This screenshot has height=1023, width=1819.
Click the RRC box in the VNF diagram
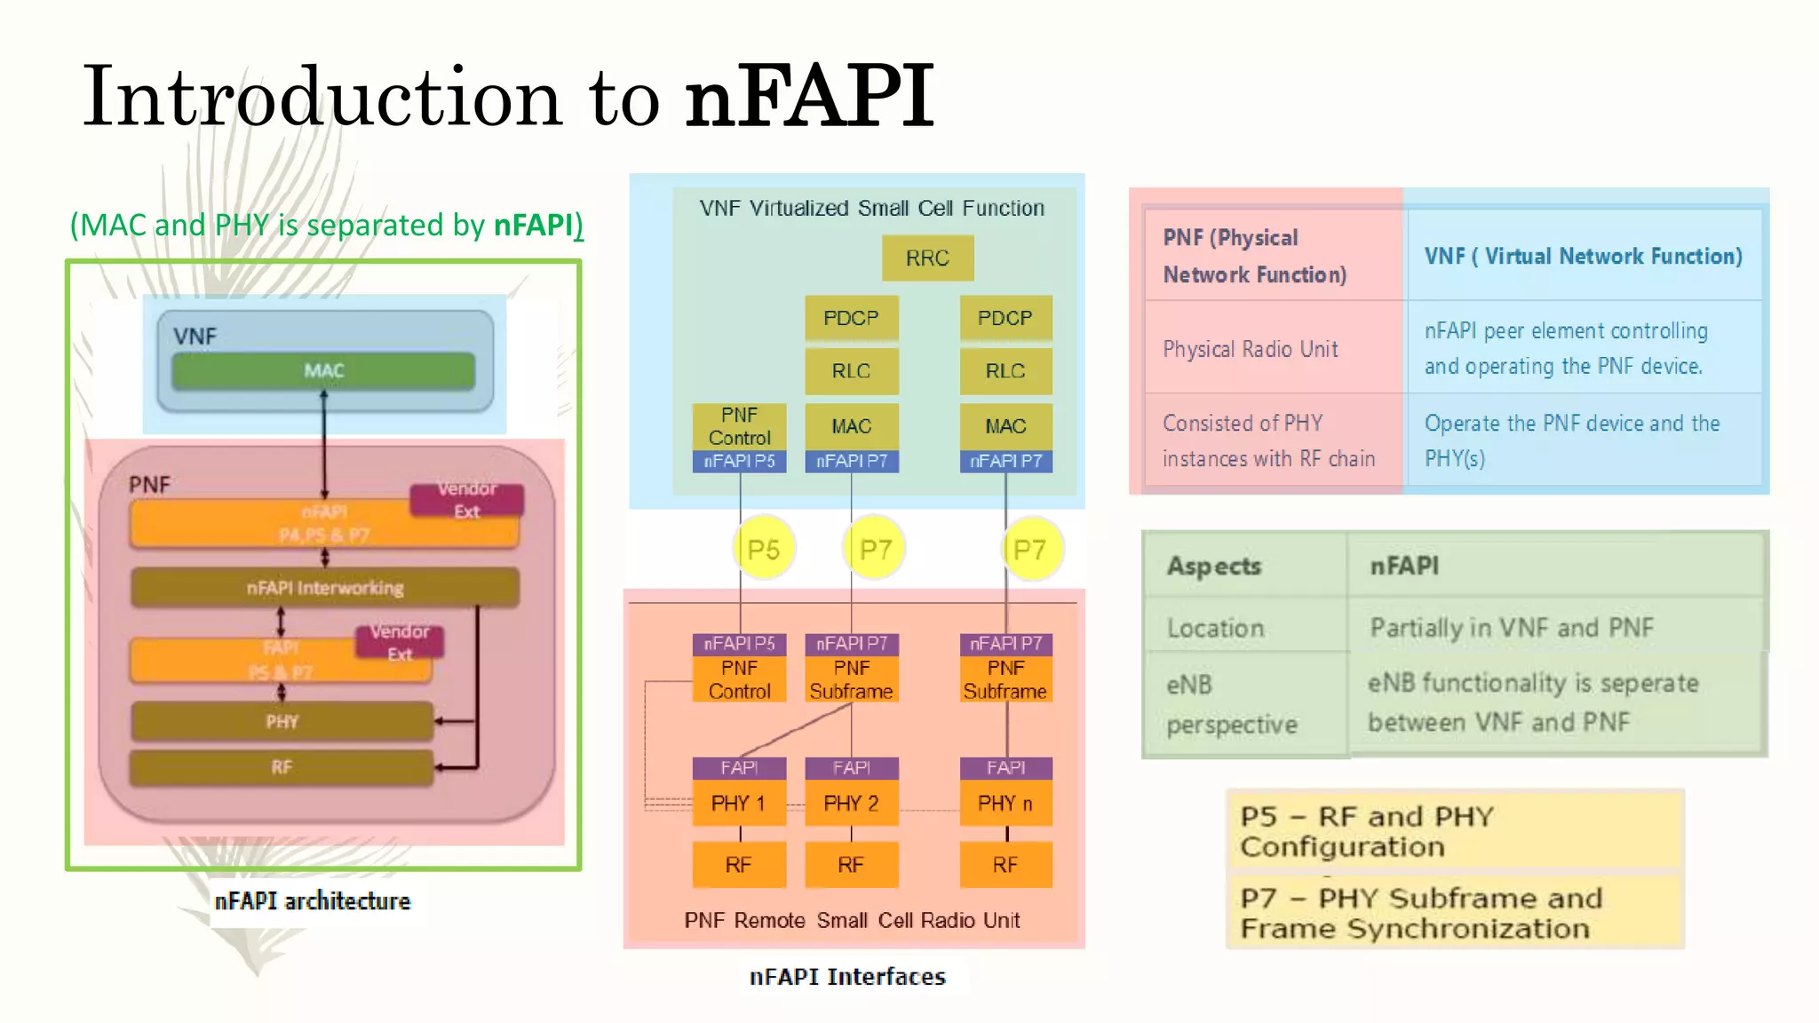pyautogui.click(x=927, y=258)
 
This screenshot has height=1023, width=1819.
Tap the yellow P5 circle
pyautogui.click(x=763, y=550)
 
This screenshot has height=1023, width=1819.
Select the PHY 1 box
pyautogui.click(x=738, y=804)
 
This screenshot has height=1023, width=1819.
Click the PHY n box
pyautogui.click(x=1005, y=804)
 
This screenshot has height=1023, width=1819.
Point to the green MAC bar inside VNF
pyautogui.click(x=323, y=371)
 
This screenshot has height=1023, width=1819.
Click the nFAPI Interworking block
pyautogui.click(x=324, y=588)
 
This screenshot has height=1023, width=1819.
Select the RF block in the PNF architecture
pyautogui.click(x=282, y=767)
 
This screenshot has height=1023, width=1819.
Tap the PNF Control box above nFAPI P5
pyautogui.click(x=739, y=426)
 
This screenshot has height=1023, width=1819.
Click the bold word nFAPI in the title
pyautogui.click(x=809, y=96)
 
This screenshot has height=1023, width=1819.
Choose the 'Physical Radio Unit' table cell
pyautogui.click(x=1251, y=349)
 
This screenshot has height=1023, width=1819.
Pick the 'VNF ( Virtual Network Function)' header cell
pyautogui.click(x=1583, y=257)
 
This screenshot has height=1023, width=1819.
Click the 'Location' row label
pyautogui.click(x=1215, y=629)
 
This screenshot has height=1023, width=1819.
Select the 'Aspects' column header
pyautogui.click(x=1213, y=566)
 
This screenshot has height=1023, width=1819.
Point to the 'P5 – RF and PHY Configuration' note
pyautogui.click(x=1454, y=831)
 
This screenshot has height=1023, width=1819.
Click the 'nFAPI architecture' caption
pyautogui.click(x=313, y=901)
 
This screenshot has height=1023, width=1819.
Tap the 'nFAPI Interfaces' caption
pyautogui.click(x=847, y=977)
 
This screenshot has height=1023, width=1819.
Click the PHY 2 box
pyautogui.click(x=851, y=804)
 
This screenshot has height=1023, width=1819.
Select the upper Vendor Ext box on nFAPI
pyautogui.click(x=466, y=500)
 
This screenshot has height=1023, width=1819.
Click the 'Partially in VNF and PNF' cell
pyautogui.click(x=1512, y=628)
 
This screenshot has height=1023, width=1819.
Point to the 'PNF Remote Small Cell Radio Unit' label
pyautogui.click(x=852, y=921)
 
